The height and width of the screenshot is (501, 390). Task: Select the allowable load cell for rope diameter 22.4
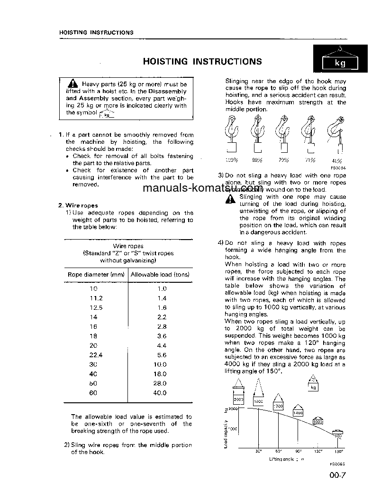(x=162, y=355)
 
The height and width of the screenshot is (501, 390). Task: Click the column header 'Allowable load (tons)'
(x=160, y=275)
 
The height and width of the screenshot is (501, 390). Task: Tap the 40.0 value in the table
(x=162, y=393)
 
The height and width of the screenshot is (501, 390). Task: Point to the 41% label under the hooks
(x=336, y=161)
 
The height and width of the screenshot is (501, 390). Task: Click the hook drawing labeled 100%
(x=232, y=136)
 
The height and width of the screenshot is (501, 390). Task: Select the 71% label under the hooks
(x=310, y=160)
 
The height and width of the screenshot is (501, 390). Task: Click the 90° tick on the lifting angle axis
(x=298, y=451)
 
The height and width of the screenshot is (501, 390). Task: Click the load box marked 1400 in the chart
(x=298, y=412)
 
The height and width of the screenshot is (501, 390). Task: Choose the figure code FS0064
(x=338, y=167)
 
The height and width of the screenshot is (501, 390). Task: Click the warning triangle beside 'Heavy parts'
(x=72, y=84)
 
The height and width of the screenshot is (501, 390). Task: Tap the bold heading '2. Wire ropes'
(x=78, y=205)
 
